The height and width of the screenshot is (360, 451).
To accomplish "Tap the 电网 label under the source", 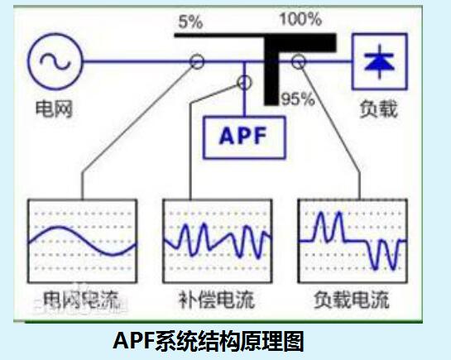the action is (54, 109).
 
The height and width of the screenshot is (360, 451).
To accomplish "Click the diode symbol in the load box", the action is (379, 61).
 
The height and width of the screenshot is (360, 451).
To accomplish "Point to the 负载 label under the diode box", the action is (379, 109).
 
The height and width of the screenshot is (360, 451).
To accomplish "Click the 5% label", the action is (190, 22).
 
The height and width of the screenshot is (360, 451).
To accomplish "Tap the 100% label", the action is (300, 19).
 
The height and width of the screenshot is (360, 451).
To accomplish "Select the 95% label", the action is (298, 99).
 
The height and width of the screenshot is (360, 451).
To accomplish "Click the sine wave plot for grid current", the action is (82, 241).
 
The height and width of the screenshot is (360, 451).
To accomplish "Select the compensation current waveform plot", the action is (218, 241).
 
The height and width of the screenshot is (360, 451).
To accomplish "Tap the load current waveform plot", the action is (353, 241).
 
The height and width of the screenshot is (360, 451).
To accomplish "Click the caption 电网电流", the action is (81, 300).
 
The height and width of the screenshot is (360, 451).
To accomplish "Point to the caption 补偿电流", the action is (217, 300).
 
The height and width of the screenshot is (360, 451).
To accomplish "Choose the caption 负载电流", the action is (352, 300).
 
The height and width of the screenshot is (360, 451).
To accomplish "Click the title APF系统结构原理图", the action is (209, 341).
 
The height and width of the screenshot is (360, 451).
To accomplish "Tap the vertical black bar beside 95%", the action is (271, 72).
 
